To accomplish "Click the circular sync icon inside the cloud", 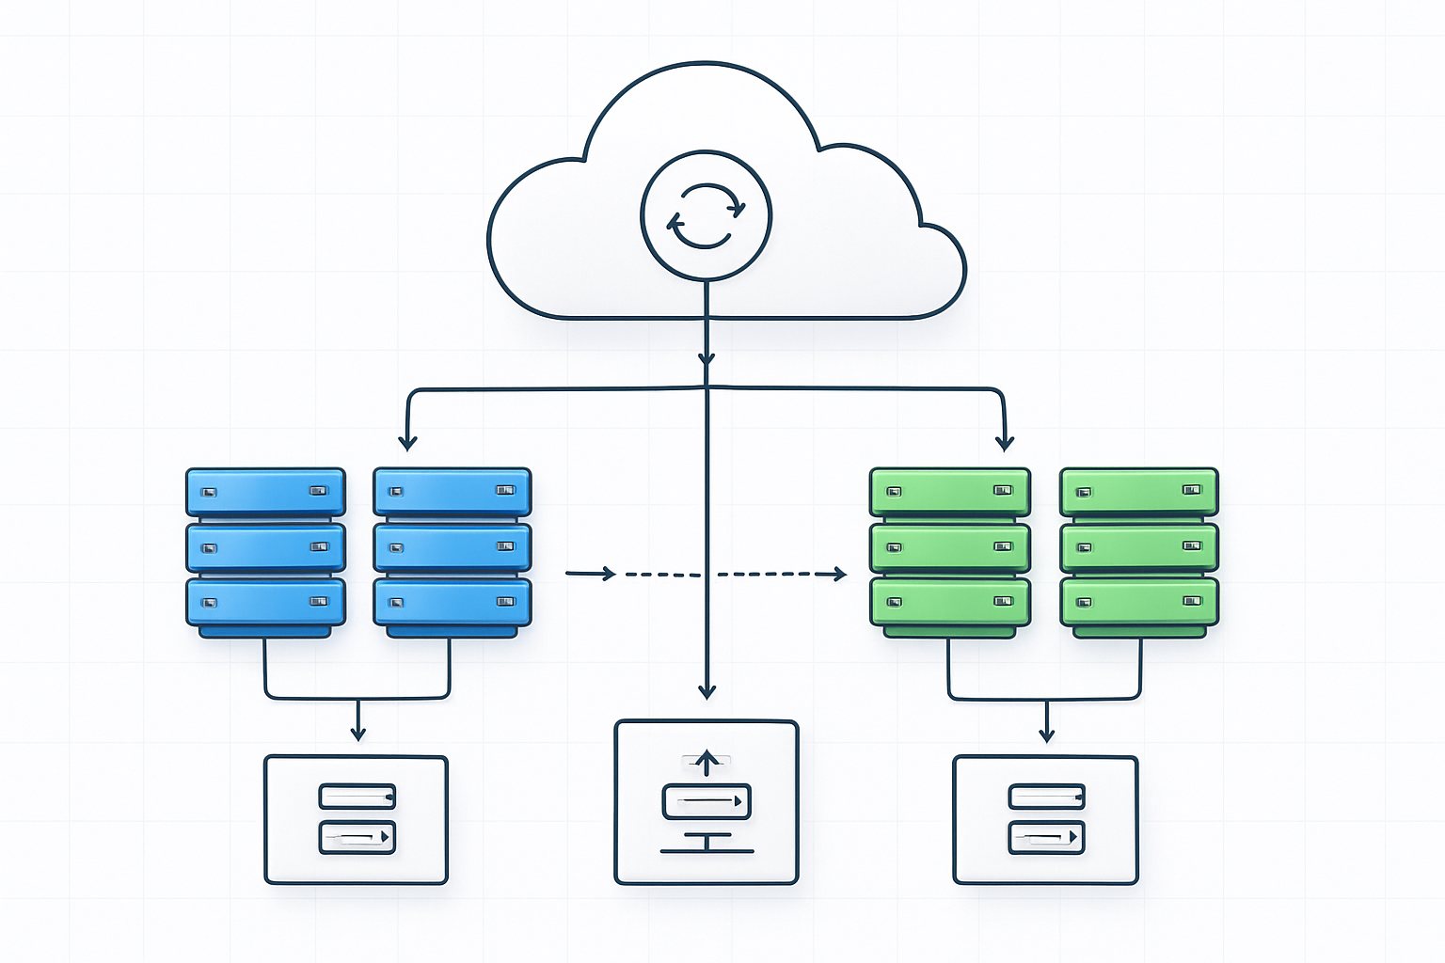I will [x=706, y=215].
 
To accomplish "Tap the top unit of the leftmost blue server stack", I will [x=265, y=492].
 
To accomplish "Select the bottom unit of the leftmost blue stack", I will [x=265, y=602].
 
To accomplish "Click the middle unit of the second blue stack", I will [x=453, y=547].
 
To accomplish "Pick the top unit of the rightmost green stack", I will [x=1139, y=492].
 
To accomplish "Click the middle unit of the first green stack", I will [x=949, y=547].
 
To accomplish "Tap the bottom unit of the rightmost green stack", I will [x=1139, y=602].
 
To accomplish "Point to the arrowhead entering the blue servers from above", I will [x=407, y=442].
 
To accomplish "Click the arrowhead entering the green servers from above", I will [x=1005, y=442].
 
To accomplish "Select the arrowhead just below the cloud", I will [x=707, y=359].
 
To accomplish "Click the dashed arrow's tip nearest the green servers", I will [x=840, y=574].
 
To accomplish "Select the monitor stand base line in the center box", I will [x=707, y=851].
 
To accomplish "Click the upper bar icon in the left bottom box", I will [x=357, y=797].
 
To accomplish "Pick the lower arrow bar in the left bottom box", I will [x=357, y=836].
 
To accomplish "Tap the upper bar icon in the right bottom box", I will [x=1046, y=797].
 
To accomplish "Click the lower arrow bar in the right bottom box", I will [x=1046, y=836].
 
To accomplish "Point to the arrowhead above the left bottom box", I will [x=357, y=734].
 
